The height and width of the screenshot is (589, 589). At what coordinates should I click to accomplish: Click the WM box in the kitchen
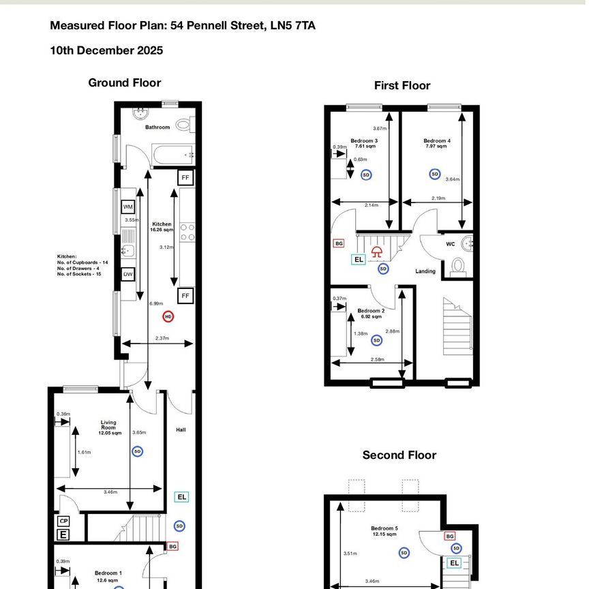pyautogui.click(x=127, y=207)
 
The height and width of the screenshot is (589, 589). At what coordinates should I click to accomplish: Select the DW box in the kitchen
pyautogui.click(x=127, y=274)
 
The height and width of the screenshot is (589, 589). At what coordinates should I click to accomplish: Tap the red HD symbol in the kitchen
pyautogui.click(x=168, y=316)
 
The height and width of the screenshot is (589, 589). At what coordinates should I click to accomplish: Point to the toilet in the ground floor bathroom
pyautogui.click(x=183, y=125)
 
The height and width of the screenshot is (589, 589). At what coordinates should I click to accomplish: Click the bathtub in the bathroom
pyautogui.click(x=173, y=155)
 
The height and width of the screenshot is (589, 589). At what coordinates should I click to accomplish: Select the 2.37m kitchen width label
pyautogui.click(x=162, y=338)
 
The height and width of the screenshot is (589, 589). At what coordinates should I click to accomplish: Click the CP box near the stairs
pyautogui.click(x=63, y=521)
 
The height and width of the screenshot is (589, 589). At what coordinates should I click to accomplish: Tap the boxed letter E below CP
pyautogui.click(x=63, y=534)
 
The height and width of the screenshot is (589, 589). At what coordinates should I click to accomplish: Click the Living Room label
pyautogui.click(x=108, y=425)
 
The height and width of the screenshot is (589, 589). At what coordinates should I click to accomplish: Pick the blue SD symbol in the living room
pyautogui.click(x=137, y=451)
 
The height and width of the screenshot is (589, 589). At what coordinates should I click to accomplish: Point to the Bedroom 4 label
pyautogui.click(x=436, y=141)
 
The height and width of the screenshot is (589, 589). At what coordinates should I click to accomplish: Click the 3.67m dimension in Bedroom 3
pyautogui.click(x=380, y=128)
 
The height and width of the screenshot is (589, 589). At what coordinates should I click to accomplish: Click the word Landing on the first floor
pyautogui.click(x=425, y=271)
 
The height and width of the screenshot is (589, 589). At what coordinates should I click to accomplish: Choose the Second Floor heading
pyautogui.click(x=399, y=455)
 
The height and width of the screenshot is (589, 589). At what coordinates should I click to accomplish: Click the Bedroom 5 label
pyautogui.click(x=384, y=528)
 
